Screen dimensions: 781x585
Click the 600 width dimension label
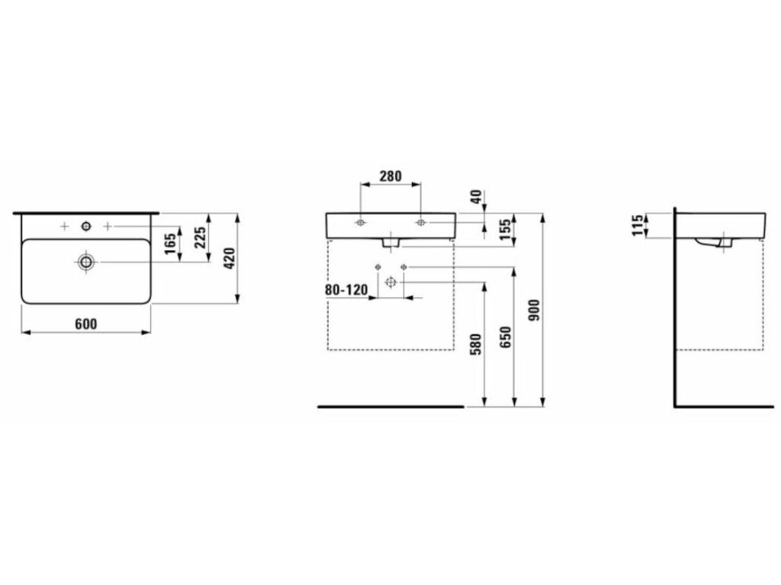85,324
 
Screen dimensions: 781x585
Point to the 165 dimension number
170,245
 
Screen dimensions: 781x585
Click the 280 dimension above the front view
390,176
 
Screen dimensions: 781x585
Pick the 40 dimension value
477,197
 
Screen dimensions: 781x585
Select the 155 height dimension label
505,230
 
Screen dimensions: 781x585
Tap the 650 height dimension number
505,337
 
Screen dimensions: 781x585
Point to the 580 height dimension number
476,344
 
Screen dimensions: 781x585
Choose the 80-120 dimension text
347,289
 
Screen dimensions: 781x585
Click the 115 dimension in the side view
637,225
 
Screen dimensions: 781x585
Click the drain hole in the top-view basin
86,262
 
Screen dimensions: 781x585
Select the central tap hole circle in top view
86,227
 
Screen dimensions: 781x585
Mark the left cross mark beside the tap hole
64,227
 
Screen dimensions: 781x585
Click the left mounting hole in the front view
360,222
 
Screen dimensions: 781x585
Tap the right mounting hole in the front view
421,222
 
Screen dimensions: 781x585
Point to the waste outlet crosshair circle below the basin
390,283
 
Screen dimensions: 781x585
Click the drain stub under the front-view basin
390,242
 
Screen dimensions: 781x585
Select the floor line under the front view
391,407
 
